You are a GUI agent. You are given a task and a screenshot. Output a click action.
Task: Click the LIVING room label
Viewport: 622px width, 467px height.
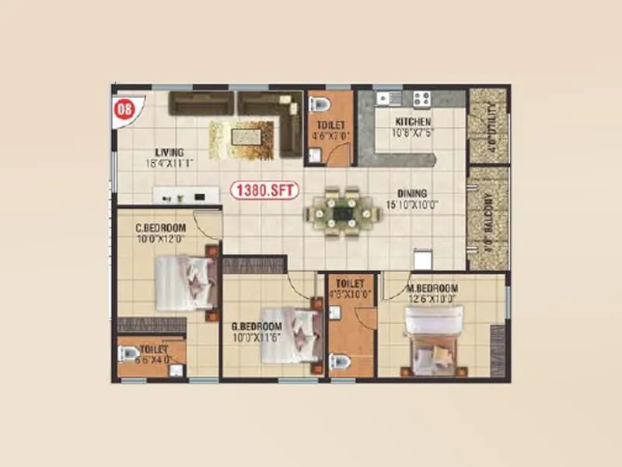[x=169, y=152]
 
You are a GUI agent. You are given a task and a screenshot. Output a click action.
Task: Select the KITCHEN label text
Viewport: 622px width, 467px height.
[x=413, y=122]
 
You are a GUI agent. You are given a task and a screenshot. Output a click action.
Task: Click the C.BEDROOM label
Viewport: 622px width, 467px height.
[x=161, y=227]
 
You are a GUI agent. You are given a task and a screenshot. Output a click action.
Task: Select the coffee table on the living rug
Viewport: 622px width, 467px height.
[x=242, y=139]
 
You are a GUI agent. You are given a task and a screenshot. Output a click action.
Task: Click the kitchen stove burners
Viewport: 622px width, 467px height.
[x=422, y=99]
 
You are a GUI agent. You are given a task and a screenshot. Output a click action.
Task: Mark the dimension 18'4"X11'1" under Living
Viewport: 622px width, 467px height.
[x=169, y=163]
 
